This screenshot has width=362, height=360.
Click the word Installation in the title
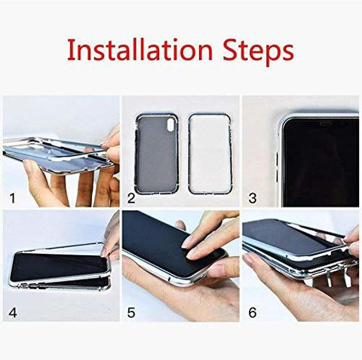click(140, 50)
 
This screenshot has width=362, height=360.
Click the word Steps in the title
click(259, 51)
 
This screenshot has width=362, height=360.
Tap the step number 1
click(12, 198)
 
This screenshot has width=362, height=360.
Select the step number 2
click(131, 198)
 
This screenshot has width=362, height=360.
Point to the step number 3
click(253, 198)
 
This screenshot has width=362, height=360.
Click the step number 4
click(13, 313)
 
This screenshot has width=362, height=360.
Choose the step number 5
click(131, 313)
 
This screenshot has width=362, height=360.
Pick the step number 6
click(253, 313)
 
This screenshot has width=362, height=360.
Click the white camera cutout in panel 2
click(171, 125)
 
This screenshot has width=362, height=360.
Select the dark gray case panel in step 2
click(157, 154)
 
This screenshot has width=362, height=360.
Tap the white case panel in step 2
click(210, 154)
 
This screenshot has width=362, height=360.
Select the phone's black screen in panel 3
click(321, 162)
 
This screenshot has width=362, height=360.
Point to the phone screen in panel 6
click(289, 236)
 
